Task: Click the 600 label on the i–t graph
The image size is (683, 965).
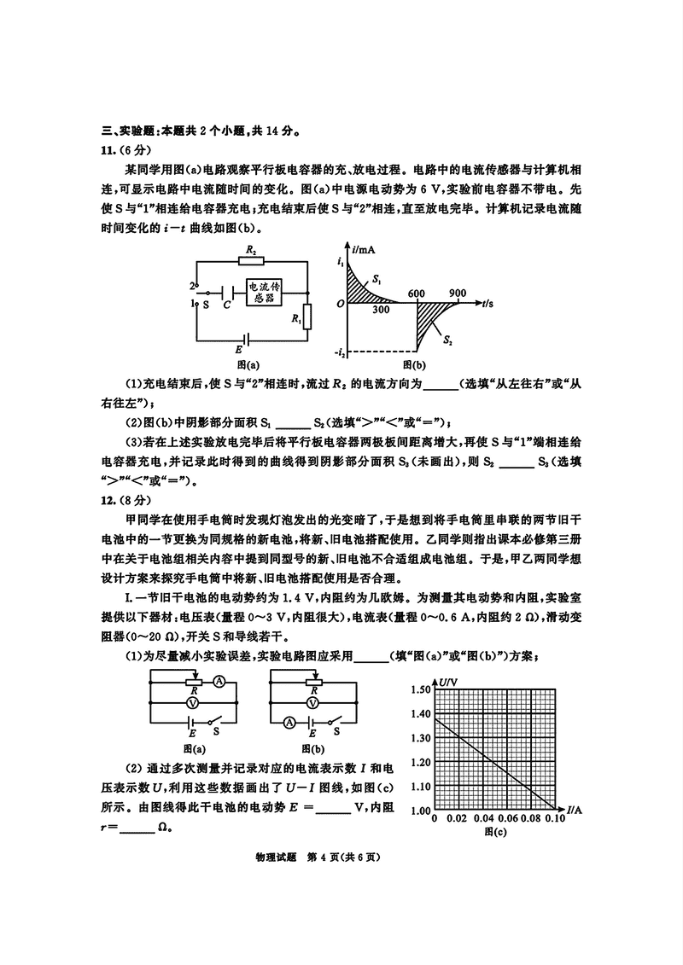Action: click(417, 293)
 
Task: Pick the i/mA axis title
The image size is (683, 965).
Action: click(364, 249)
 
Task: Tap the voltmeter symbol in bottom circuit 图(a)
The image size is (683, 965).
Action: click(193, 700)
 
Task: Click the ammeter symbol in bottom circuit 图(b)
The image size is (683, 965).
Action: click(289, 722)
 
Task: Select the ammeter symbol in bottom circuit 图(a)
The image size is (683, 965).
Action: click(219, 681)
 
